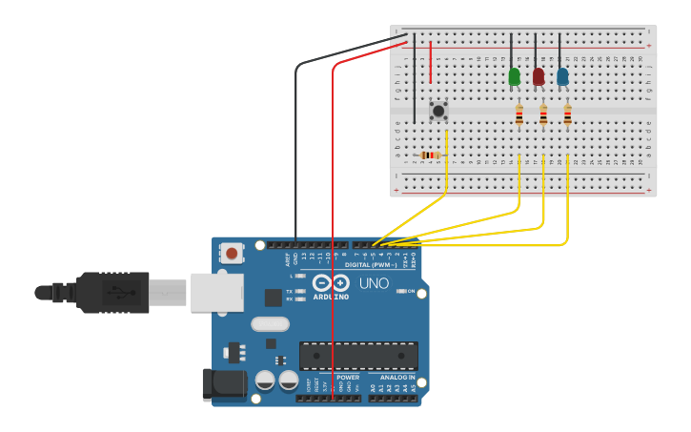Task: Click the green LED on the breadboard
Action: click(x=515, y=76)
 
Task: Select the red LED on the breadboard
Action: click(x=539, y=76)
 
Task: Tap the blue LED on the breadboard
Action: click(x=562, y=76)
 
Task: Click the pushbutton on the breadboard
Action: click(x=438, y=111)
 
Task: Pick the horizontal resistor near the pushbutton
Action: click(x=430, y=155)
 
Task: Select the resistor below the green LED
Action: click(x=518, y=115)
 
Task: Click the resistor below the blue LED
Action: click(x=567, y=115)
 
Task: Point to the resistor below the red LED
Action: click(x=543, y=115)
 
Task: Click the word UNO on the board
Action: click(x=374, y=283)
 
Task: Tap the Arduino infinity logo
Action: click(x=330, y=283)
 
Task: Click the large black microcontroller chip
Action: click(x=358, y=356)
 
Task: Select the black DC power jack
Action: click(x=223, y=383)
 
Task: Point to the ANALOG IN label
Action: click(x=398, y=378)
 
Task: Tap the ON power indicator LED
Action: click(x=401, y=291)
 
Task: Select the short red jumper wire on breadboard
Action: click(x=431, y=62)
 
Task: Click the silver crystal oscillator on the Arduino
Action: click(x=270, y=323)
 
